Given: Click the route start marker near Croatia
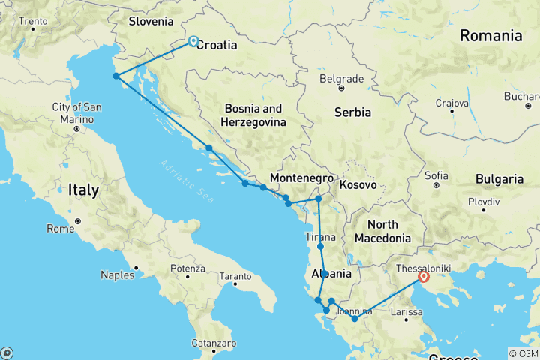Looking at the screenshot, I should point(193,41).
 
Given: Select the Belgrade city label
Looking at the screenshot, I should point(341,78).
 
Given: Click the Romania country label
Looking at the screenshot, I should point(490,35).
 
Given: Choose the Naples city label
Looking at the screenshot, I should point(118,274).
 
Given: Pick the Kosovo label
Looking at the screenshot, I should point(357,184).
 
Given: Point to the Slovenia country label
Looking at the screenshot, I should point(151,21).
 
